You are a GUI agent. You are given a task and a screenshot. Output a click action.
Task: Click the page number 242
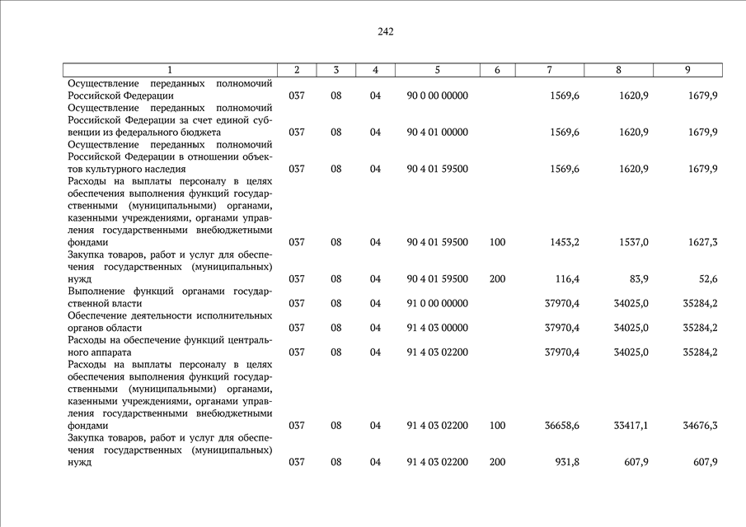(x=386, y=32)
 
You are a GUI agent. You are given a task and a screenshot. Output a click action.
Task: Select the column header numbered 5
(x=437, y=70)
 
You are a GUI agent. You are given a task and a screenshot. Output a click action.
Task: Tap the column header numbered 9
(x=687, y=70)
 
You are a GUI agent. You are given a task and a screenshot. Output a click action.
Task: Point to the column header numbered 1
(x=170, y=70)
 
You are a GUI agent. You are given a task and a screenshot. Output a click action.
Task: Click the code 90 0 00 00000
(x=437, y=96)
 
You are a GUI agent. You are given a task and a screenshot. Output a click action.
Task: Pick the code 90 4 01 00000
(x=437, y=132)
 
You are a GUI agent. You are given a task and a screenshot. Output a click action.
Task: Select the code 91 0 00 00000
(x=437, y=303)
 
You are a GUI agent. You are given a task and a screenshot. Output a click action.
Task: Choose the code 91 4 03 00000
(x=437, y=328)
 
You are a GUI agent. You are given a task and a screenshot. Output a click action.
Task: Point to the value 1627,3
(x=701, y=242)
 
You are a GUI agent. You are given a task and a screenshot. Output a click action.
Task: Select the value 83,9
(x=637, y=279)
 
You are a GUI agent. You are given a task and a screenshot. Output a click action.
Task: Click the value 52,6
(x=706, y=279)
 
